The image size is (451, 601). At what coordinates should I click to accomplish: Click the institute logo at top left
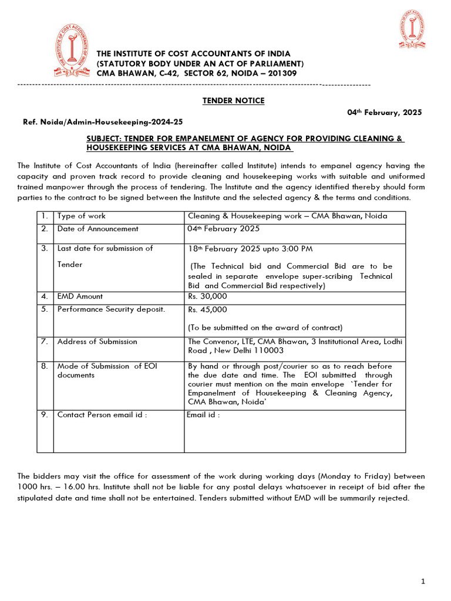pos(73,52)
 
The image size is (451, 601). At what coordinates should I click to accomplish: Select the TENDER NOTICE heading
pos(233,101)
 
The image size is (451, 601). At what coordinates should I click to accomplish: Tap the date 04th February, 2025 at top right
pos(382,113)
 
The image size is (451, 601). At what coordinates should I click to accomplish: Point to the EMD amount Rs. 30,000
pos(207,297)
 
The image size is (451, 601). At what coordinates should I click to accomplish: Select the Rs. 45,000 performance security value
pos(207,310)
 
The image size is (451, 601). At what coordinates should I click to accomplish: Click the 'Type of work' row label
pos(82,216)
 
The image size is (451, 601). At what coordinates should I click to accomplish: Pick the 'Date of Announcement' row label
pos(97,229)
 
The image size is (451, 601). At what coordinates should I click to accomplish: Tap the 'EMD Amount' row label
pos(80,297)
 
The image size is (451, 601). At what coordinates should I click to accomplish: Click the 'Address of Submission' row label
pos(97,342)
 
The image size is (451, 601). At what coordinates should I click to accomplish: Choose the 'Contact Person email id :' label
pos(102,415)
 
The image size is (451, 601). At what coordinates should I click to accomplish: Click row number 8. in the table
pos(45,366)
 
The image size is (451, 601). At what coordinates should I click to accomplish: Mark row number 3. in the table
pos(45,248)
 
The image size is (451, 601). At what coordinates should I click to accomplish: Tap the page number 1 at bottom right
pos(423,582)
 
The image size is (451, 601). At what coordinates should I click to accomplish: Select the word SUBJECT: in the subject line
pos(104,139)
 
